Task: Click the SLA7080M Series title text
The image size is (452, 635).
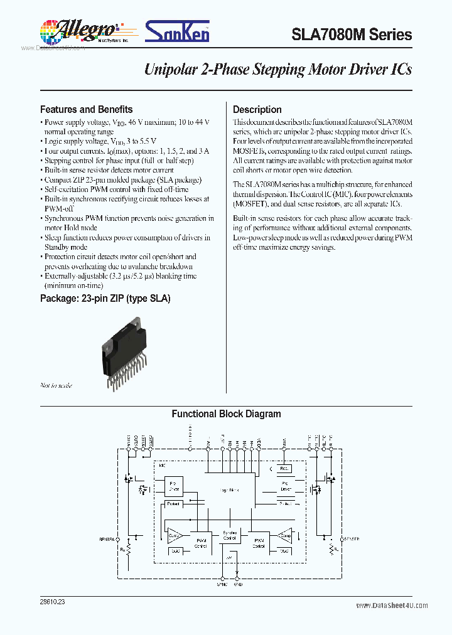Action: click(x=352, y=35)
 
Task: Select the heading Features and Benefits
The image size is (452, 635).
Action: click(x=86, y=109)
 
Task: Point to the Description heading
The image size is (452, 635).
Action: click(x=257, y=109)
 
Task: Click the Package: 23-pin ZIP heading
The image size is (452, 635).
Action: click(x=105, y=298)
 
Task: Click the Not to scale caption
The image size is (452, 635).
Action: click(x=56, y=385)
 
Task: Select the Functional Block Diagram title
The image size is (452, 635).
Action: click(x=226, y=414)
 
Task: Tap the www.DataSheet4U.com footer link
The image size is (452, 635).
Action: click(x=392, y=606)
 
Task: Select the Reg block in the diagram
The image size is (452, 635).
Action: click(x=283, y=468)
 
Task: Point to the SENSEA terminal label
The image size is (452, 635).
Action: click(x=107, y=539)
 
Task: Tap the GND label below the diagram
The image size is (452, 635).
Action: click(x=238, y=585)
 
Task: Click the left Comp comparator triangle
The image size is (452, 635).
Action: click(x=174, y=535)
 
